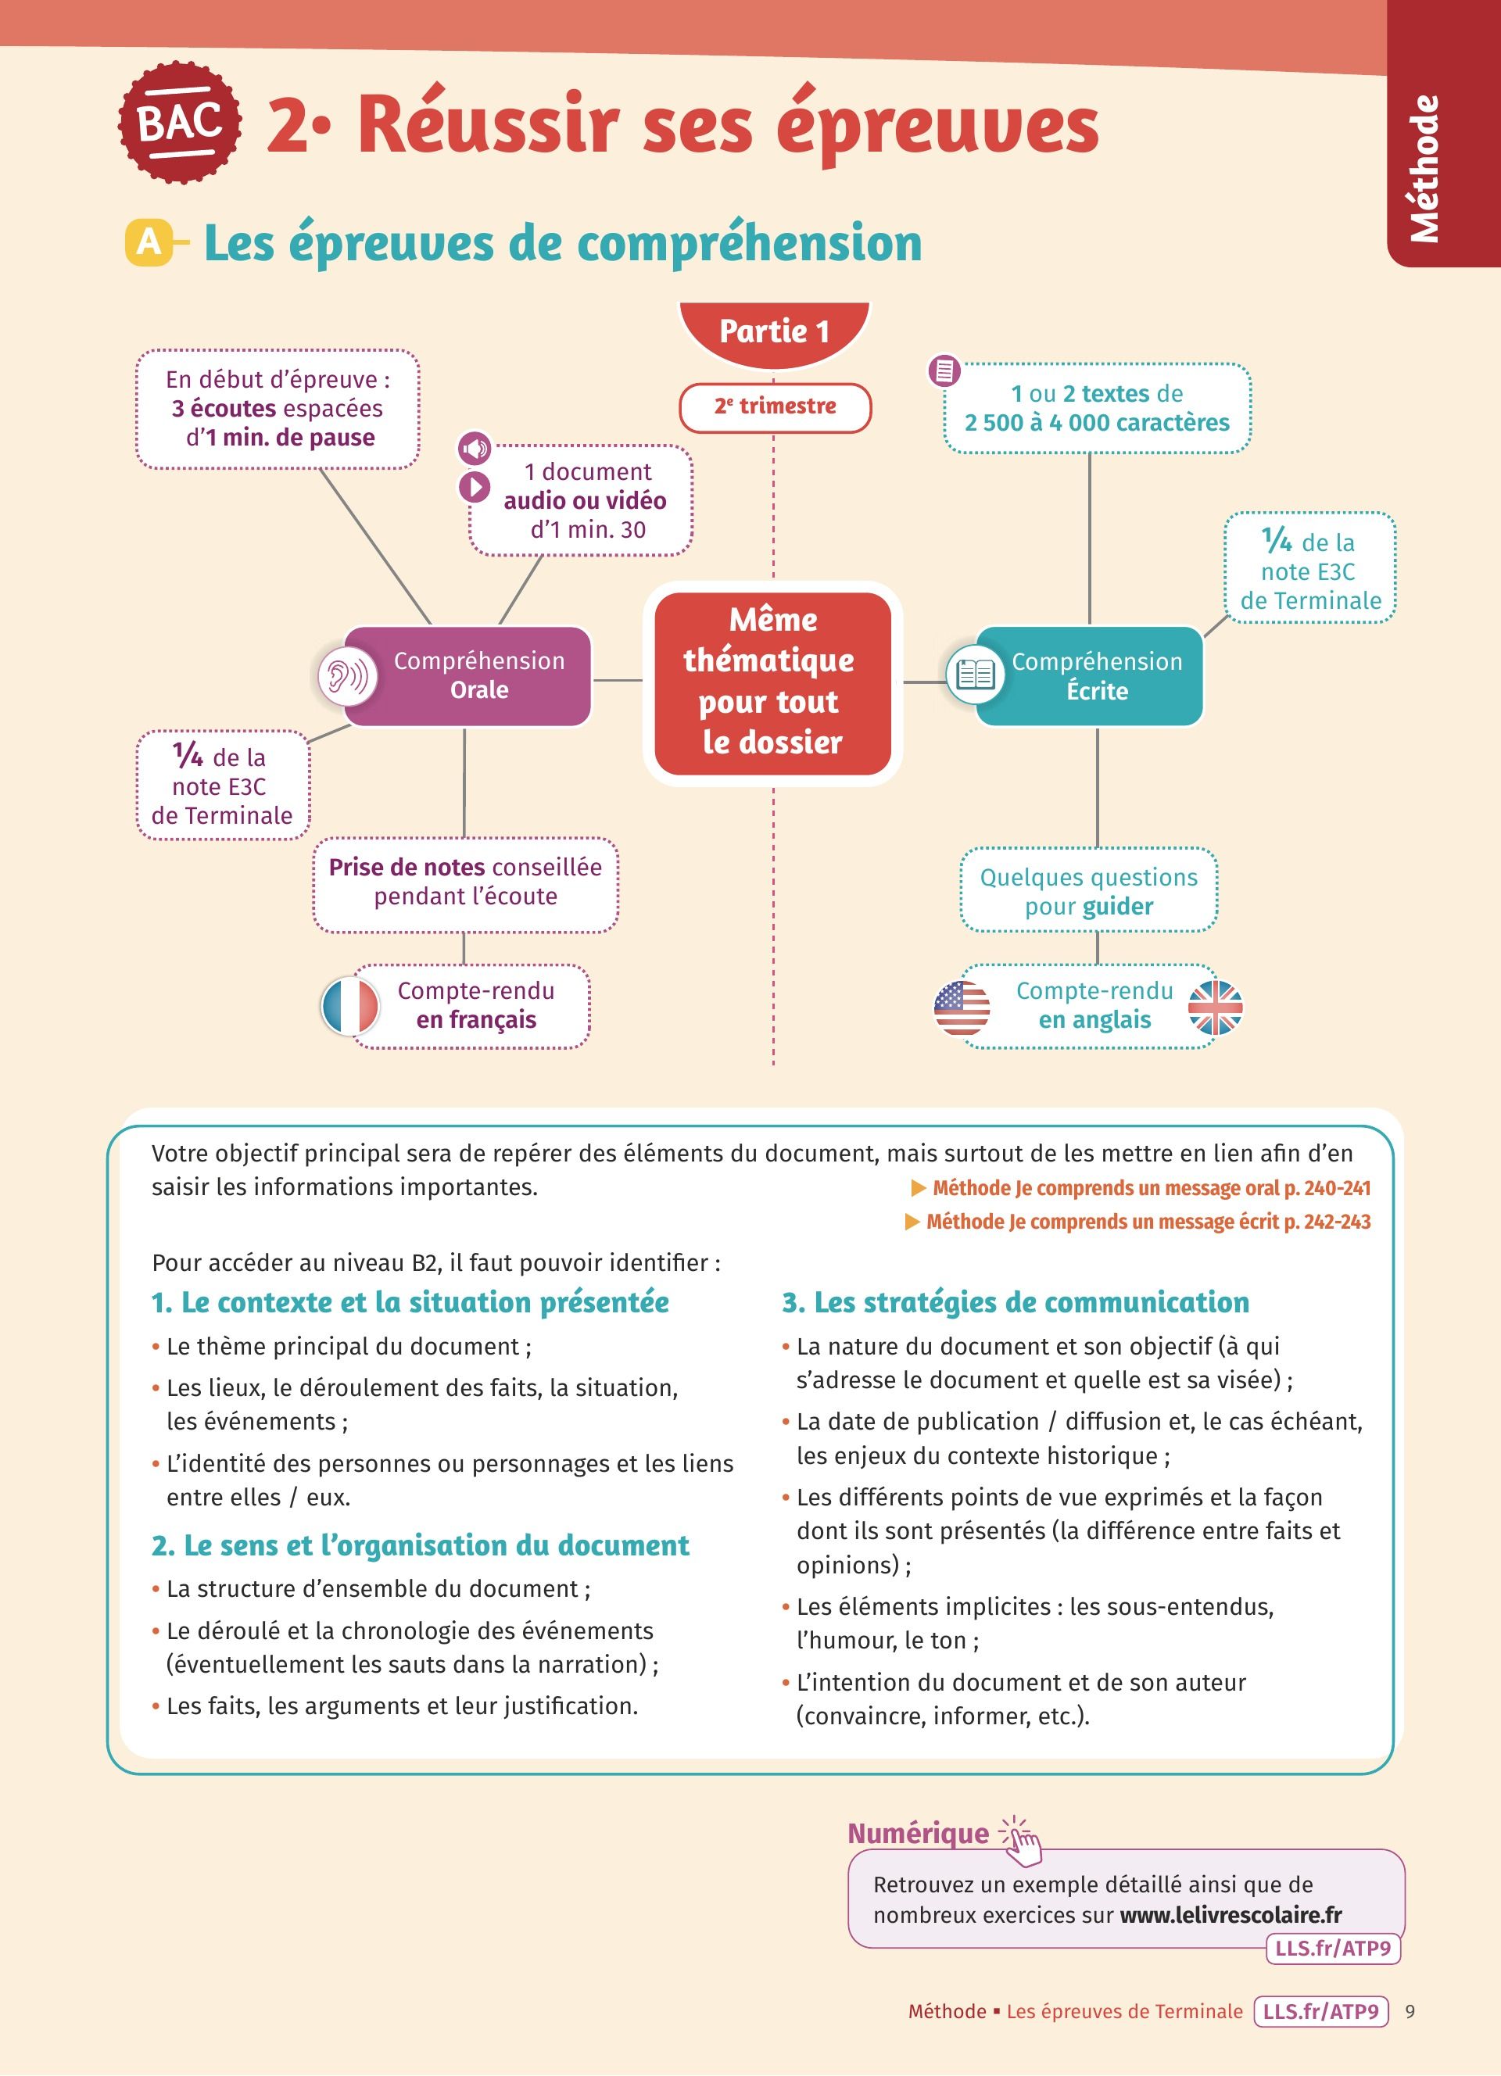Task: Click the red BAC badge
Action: coord(181,123)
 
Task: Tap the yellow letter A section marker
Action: coord(149,242)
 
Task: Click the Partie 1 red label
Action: coord(773,331)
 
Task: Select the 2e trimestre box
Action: coord(774,407)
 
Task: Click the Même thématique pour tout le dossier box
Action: coord(772,682)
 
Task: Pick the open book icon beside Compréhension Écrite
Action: coord(974,675)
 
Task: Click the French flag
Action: coord(350,1006)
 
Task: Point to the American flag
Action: coord(962,1008)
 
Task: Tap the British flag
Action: coord(1215,1008)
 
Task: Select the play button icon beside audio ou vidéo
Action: coord(474,486)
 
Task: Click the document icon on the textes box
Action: coord(944,370)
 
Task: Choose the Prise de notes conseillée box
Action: coord(465,883)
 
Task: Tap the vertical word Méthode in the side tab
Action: coord(1424,170)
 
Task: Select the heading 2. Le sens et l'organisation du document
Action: coord(420,1545)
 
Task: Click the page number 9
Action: coord(1410,2012)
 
